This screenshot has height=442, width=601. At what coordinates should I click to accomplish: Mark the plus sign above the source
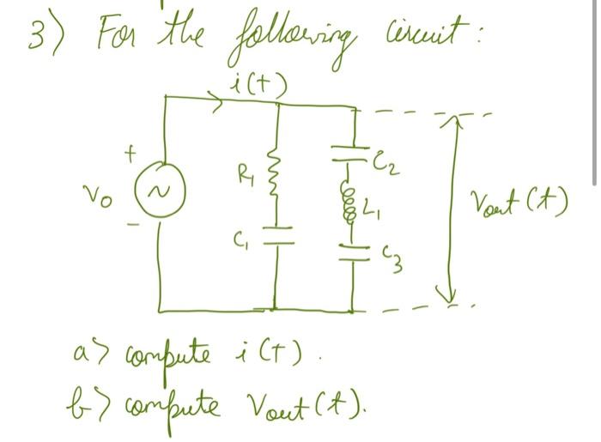(131, 152)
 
